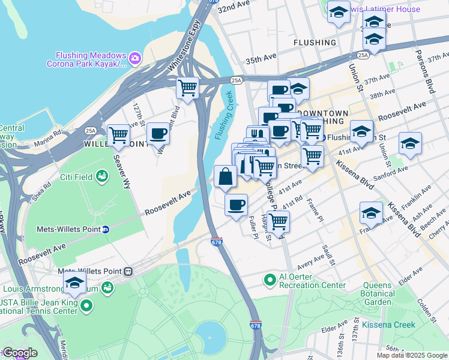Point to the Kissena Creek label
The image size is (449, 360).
click(x=388, y=325)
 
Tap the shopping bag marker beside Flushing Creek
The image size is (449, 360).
click(x=225, y=176)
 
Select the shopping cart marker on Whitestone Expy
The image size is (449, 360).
click(x=188, y=88)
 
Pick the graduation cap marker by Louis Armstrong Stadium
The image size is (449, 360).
click(x=74, y=283)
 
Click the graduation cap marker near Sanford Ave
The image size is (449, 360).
click(x=410, y=143)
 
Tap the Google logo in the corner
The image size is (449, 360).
click(x=19, y=353)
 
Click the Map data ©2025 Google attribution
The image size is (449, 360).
click(x=412, y=355)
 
